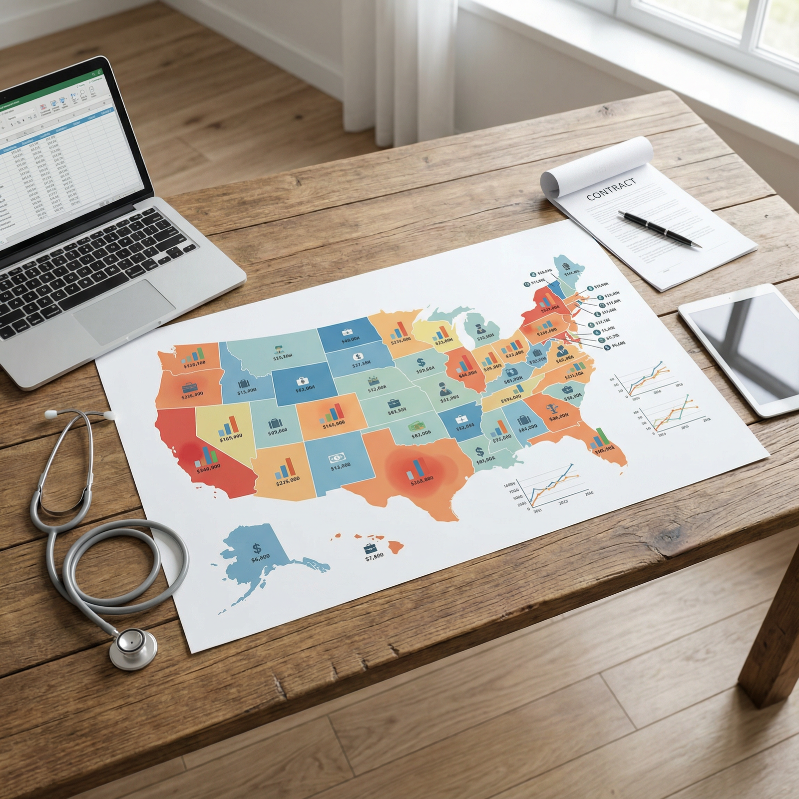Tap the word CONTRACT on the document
611,189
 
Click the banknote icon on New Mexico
334,457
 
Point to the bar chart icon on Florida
599,439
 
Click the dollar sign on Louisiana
479,452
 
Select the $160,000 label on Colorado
334,425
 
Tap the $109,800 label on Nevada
231,435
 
